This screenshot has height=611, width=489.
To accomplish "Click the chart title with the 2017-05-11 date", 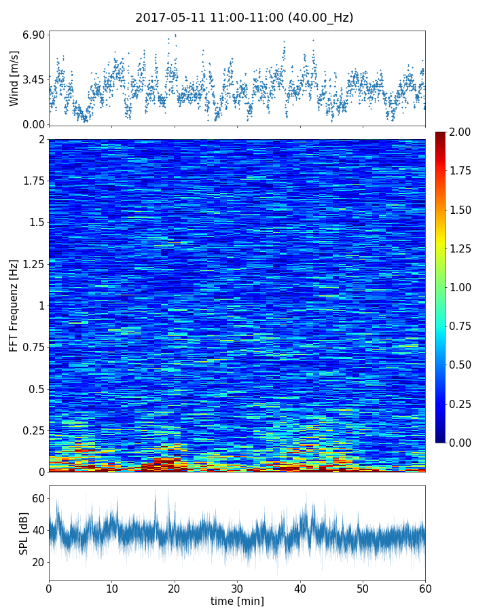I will coord(244,18).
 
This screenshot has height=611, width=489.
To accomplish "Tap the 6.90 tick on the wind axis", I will coord(34,34).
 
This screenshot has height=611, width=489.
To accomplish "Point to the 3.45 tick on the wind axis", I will coord(34,79).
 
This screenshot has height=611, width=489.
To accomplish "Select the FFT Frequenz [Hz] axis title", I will coord(14,305).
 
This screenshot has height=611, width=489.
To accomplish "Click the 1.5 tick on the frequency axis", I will coord(37,223).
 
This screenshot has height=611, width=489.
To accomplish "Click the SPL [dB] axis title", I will coord(24,533).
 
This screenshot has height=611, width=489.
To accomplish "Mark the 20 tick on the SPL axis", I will coord(38,562).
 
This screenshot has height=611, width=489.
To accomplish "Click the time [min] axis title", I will coord(237,601).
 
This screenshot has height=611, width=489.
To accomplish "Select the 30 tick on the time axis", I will coord(237,588).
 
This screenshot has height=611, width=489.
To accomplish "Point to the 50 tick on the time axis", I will coord(363,588).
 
